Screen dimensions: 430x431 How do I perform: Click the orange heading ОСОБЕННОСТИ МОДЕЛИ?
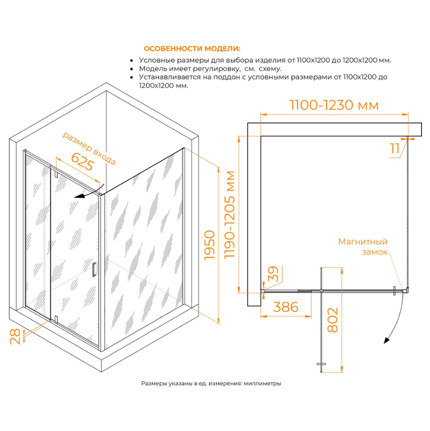pos(192,48)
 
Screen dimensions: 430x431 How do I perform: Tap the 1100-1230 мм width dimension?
pos(334,105)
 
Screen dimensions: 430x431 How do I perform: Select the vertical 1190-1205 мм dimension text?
pos(230,214)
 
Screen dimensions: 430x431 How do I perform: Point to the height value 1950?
pos(210,245)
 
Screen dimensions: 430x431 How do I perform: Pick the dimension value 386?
pos(286,307)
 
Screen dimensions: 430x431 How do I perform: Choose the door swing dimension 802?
pos(332,319)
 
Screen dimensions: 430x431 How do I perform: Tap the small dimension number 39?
pos(273,274)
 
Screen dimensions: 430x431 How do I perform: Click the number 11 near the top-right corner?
pos(394,149)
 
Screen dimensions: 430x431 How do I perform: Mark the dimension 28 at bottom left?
pos(16,336)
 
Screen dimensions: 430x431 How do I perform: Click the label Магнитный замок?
pos(363,247)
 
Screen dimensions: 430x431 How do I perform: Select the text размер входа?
pos(89,149)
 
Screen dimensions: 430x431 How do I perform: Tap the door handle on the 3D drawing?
pos(94,269)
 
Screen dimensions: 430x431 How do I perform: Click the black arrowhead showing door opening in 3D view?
pos(79,196)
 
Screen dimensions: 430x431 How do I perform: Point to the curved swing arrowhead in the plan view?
pos(386,340)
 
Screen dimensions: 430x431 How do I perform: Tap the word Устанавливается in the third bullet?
pos(170,77)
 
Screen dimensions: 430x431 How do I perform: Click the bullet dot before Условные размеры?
pos(131,61)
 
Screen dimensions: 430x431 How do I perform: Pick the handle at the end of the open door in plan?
pos(321,364)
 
